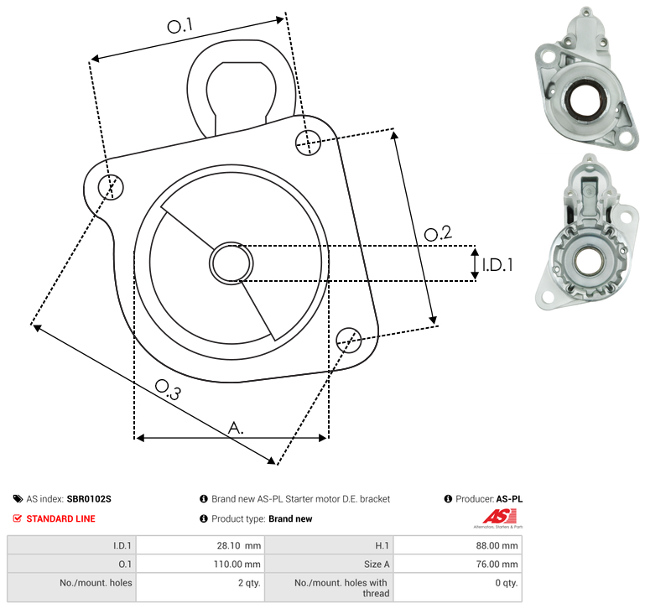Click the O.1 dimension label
[180, 26]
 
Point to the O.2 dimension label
[438, 233]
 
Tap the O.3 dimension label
[168, 389]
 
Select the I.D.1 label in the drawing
[497, 265]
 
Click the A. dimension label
[236, 428]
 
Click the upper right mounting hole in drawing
[308, 143]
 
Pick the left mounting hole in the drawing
[111, 187]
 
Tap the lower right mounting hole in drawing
[349, 340]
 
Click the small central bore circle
[231, 263]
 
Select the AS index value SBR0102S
[89, 499]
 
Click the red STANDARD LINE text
[61, 519]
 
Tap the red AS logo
[499, 517]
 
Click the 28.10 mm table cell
[200, 545]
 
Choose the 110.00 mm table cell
[200, 564]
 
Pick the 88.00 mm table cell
[458, 545]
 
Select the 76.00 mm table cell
[458, 564]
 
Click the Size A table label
[377, 565]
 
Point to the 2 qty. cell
[200, 587]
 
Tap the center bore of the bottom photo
[590, 261]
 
